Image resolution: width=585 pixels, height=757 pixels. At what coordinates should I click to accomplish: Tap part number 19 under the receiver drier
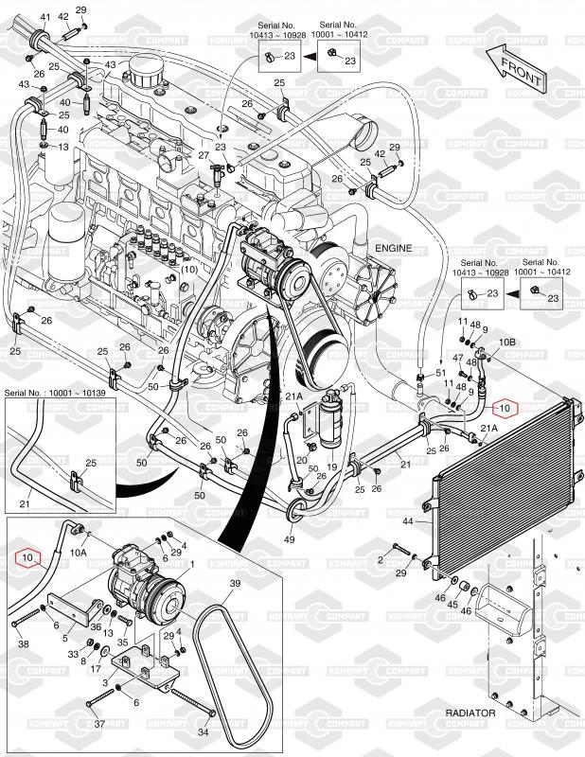(x=332, y=466)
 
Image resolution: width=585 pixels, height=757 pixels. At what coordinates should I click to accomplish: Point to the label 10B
(x=505, y=343)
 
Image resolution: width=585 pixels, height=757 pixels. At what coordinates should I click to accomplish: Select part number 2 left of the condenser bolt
(x=381, y=560)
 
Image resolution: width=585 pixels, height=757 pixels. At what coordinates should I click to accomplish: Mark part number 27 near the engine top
(x=203, y=154)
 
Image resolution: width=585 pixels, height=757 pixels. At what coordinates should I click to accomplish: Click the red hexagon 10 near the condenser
(x=505, y=409)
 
